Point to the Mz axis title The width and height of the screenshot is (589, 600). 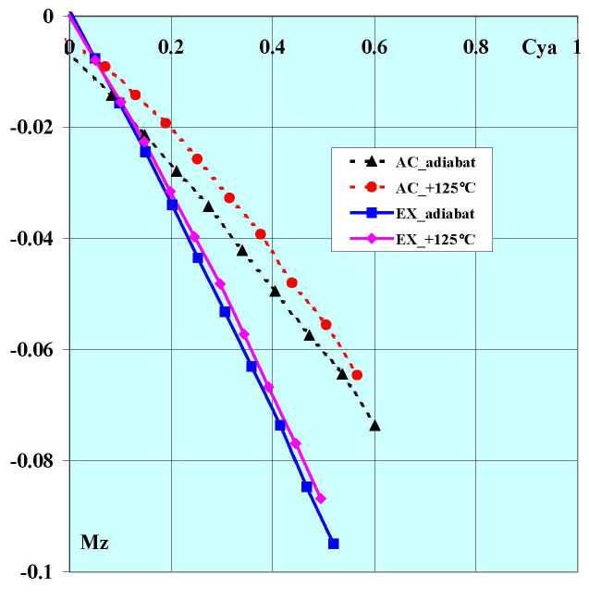[x=94, y=543]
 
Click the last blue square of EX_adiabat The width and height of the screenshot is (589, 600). [x=334, y=544]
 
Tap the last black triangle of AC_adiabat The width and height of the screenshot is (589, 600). [x=374, y=425]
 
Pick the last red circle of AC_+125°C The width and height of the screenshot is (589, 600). [x=357, y=375]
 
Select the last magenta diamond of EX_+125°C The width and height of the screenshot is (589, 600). [x=321, y=499]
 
